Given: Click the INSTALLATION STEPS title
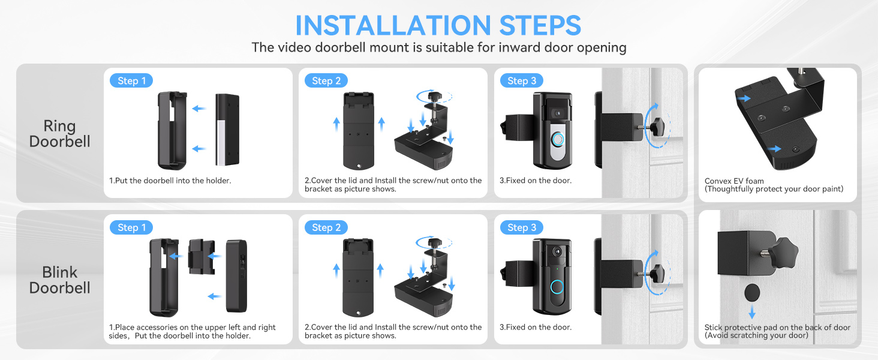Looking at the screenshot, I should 438,25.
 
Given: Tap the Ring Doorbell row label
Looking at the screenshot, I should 59,134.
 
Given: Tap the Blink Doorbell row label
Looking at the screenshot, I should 59,280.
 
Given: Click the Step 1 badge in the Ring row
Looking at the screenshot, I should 131,81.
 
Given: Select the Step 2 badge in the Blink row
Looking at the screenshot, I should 326,227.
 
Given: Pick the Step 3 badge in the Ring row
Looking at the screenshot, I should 521,81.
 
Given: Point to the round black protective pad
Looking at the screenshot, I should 751,293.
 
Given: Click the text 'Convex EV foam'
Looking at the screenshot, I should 734,181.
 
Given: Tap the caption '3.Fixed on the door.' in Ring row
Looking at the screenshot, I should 536,181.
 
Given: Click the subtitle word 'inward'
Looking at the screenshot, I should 501,47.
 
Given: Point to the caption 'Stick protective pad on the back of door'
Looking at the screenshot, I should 777,328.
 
